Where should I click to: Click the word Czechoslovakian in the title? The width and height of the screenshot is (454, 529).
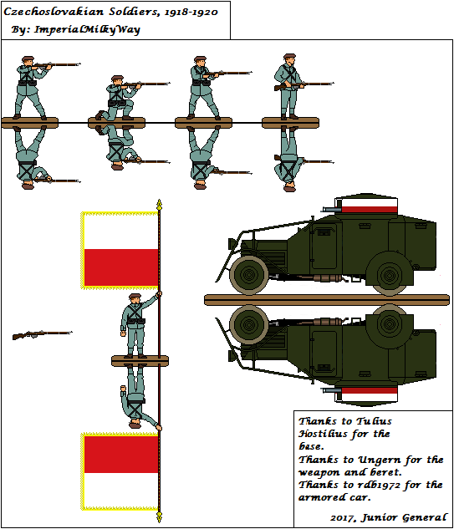[54, 13]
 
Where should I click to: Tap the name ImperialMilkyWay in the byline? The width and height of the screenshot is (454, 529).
[87, 30]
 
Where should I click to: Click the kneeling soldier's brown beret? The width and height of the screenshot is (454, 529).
[117, 79]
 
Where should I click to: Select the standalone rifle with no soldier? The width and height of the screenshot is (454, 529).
[42, 334]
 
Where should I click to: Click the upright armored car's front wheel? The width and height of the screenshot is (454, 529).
[249, 275]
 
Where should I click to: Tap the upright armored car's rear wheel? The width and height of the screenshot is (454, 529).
[390, 276]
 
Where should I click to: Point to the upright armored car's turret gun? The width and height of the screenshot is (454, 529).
[331, 209]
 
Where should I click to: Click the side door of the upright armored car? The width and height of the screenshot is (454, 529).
[324, 247]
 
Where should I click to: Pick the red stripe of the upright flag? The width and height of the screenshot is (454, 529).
[121, 268]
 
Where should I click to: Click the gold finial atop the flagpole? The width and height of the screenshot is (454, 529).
[160, 205]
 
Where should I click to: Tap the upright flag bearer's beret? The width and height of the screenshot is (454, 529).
[135, 296]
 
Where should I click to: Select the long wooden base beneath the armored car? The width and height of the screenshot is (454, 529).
[327, 300]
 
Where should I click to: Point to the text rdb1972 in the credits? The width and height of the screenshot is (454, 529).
[379, 485]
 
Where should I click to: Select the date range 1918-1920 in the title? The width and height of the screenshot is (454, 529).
[191, 13]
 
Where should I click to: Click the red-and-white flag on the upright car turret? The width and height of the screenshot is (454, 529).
[370, 206]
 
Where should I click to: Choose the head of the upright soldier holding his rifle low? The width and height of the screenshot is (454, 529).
[289, 60]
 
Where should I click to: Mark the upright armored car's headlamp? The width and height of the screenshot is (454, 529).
[232, 243]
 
